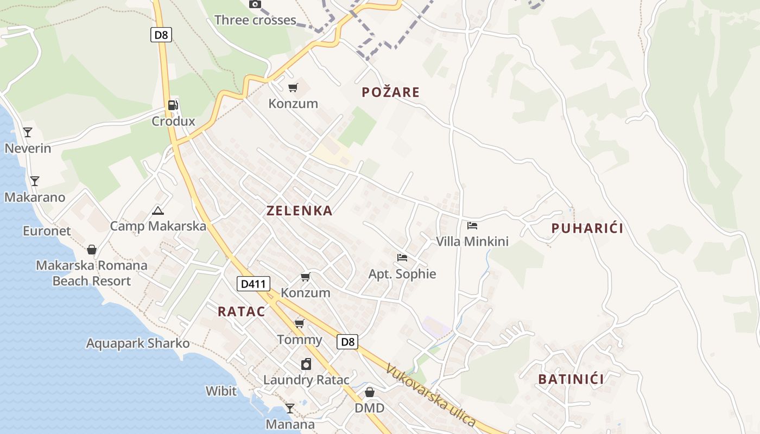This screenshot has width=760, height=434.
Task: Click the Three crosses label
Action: pos(255,21)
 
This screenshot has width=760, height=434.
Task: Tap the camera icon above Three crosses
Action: pos(255,4)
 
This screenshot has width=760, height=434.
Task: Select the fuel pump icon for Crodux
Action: pos(173,105)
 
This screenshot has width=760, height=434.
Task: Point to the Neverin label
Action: pos(28,148)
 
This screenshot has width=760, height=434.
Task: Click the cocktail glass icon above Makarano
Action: pos(35,181)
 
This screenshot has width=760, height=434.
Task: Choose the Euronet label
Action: pos(47,231)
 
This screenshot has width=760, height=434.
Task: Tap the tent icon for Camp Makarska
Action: pos(158,210)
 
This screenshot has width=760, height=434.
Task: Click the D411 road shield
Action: pos(254,283)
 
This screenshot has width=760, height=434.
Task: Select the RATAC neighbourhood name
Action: pos(242,311)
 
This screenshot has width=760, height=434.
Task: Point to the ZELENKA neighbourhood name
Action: pos(299,211)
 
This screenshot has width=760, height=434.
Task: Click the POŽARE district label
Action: pos(391,92)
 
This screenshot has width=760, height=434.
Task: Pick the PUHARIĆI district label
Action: pos(587,228)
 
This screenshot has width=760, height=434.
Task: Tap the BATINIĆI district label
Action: pos(571,379)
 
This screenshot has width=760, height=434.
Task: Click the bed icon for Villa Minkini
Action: pos(472,226)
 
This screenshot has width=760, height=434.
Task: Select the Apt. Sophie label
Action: pos(402,274)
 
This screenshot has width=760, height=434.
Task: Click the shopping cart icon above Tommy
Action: pos(299,324)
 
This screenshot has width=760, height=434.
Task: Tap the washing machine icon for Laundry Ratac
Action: pos(306,364)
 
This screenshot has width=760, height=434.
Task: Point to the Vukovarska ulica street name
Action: pos(430,396)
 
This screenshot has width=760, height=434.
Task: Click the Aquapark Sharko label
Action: pos(138,343)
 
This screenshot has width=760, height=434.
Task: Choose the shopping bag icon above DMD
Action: pos(370,392)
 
